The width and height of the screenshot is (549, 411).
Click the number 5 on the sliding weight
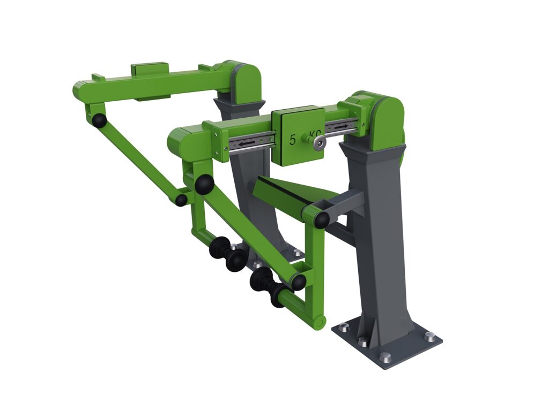293,140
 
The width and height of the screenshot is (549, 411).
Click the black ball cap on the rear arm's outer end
99,120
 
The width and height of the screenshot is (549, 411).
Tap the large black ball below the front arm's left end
204,185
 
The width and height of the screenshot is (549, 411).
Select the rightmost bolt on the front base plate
430,337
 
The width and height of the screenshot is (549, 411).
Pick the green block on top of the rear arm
150,70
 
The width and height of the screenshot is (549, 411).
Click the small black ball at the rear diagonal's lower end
181,200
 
